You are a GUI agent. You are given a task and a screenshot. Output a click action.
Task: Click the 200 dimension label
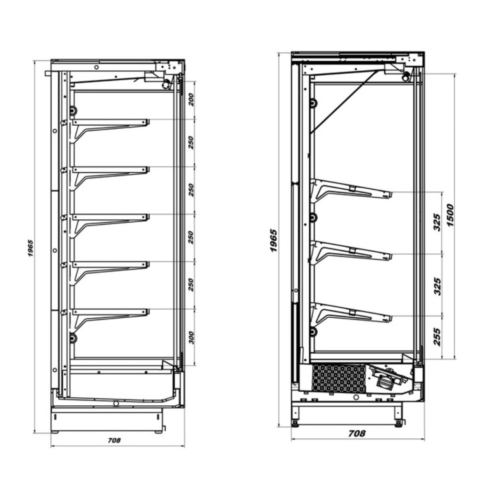(x=191, y=100)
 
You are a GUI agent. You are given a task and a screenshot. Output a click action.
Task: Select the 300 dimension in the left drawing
(x=191, y=337)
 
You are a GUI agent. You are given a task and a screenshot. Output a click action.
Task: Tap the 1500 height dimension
(x=450, y=215)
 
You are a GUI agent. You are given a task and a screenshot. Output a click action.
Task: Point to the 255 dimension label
(x=437, y=337)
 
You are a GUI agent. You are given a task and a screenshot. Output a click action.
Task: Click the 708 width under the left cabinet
(x=114, y=440)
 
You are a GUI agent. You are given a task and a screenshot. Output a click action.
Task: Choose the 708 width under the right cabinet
(x=357, y=434)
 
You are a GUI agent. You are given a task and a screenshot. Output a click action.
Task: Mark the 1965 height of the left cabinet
(x=31, y=249)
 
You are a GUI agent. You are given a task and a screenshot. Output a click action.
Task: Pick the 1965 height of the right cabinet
(x=273, y=241)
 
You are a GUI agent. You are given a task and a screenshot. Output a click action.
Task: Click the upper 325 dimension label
(x=437, y=222)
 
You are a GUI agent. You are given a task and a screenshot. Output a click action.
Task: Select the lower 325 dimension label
(x=437, y=287)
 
